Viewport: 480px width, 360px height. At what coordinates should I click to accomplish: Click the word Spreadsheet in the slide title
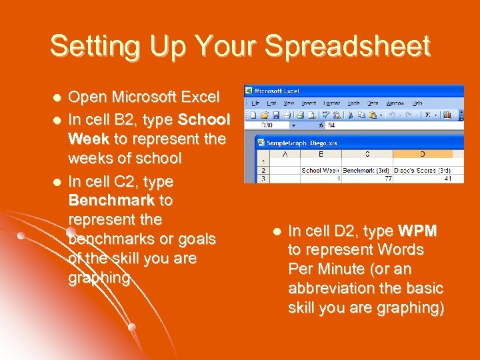347,47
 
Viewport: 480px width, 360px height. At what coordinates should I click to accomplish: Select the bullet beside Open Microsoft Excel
57,98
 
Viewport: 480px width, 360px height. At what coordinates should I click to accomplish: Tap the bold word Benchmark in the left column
111,201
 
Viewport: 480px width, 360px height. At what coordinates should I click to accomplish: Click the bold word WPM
417,231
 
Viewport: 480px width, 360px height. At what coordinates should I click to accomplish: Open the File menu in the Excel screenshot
256,103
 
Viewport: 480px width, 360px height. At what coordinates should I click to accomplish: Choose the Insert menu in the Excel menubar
309,103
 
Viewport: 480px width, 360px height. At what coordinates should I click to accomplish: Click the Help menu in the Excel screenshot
417,103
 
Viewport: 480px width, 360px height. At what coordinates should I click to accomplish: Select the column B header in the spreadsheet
321,155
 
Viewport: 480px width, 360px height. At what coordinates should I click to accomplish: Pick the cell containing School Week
321,171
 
